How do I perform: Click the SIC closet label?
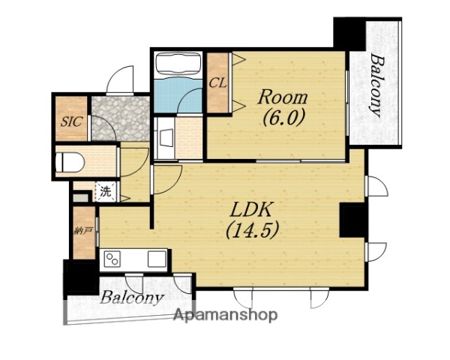coord(71,121)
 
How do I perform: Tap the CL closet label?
coord(217,83)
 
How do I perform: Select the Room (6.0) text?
coord(283,108)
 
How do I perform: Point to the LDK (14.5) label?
coord(252,220)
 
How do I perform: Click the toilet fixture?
coord(70,162)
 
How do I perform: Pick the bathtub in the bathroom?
coord(178,64)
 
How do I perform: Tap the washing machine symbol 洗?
coord(106,192)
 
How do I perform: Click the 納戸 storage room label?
coord(83,231)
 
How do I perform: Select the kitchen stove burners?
coord(112,259)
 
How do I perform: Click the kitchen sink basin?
coord(157,259)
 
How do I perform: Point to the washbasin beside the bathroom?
coord(165,138)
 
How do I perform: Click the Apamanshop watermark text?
coord(226,315)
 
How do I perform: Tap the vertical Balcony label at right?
coord(376,85)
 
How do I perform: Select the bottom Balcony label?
coord(131,298)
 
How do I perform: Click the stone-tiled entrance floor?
coord(121,118)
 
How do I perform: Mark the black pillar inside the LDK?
coord(352,220)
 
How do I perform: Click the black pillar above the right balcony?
coord(349,33)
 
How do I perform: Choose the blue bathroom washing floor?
coord(178,95)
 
